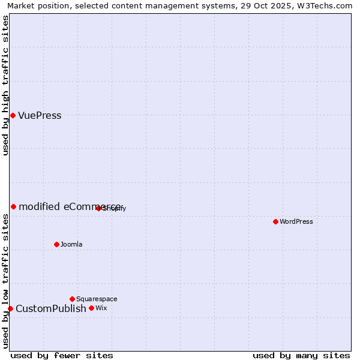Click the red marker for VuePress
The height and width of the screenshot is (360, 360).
tap(13, 115)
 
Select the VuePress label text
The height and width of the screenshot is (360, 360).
tap(40, 116)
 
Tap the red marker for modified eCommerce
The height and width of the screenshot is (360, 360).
tap(13, 206)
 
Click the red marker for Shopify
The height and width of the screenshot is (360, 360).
tap(98, 208)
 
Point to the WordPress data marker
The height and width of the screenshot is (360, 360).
tap(275, 221)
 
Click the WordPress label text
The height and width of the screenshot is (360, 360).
tap(296, 221)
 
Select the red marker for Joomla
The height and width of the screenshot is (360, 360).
tap(56, 244)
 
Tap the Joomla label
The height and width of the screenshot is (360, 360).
tap(71, 244)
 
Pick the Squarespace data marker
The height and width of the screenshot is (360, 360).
tap(72, 299)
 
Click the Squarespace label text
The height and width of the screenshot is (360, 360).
tap(97, 299)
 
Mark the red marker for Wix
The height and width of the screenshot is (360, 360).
tap(91, 308)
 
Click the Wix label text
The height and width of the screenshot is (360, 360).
tap(101, 308)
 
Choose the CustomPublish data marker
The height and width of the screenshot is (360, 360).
tap(10, 308)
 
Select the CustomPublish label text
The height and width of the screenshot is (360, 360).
tap(51, 309)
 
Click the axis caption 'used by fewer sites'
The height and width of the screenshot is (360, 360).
tap(62, 355)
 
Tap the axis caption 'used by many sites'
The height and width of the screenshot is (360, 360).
tap(301, 355)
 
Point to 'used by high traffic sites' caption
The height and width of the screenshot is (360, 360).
tap(5, 85)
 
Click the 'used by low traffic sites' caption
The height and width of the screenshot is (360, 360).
tap(5, 281)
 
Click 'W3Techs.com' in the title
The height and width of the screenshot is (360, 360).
tap(326, 6)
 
